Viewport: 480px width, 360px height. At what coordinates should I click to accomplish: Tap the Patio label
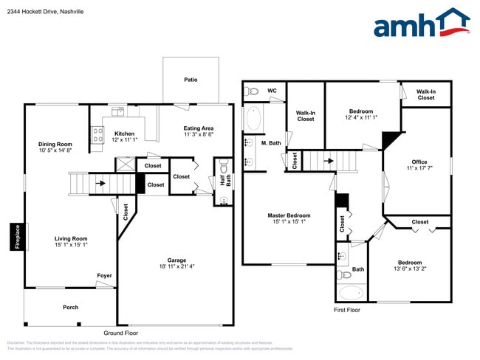[x=191, y=80]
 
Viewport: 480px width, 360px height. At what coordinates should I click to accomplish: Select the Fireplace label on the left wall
[x=17, y=237]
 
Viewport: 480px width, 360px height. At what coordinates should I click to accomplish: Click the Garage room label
[x=176, y=263]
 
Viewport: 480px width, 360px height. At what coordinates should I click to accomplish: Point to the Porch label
[x=70, y=307]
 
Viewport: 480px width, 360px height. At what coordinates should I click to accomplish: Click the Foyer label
[x=104, y=276]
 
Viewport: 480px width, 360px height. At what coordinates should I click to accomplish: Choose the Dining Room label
[x=55, y=147]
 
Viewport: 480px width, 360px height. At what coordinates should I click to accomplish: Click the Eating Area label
[x=199, y=131]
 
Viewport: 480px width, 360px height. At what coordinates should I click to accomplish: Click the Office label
[x=419, y=165]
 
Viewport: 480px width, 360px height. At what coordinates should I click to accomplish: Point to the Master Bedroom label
[x=289, y=218]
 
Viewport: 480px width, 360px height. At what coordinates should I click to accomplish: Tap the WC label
[x=272, y=91]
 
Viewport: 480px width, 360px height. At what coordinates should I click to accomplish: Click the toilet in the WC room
[x=251, y=91]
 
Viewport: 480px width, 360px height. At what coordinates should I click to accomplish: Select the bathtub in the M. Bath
[x=253, y=119]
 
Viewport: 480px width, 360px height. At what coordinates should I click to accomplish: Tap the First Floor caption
[x=346, y=311]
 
